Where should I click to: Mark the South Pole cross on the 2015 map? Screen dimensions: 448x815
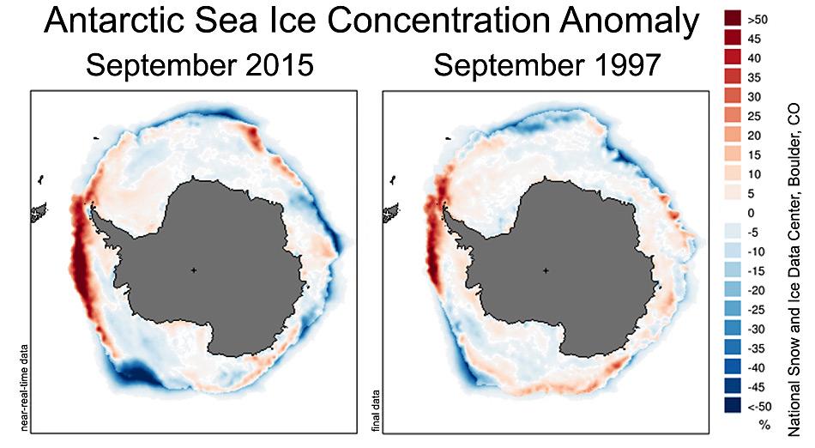194,270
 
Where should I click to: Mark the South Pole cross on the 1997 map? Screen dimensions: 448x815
545,270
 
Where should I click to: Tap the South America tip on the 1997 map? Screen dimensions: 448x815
389,211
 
